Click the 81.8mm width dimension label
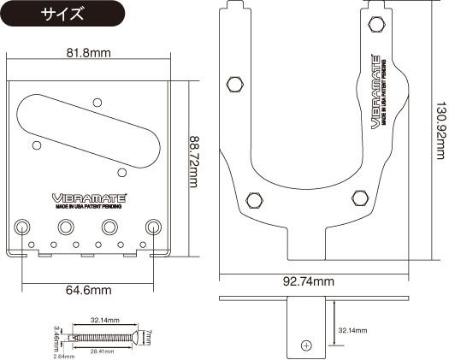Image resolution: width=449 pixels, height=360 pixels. [89, 53]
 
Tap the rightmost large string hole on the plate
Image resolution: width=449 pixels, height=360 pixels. [154, 227]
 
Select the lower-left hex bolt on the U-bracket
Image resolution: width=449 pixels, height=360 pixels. [254, 199]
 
